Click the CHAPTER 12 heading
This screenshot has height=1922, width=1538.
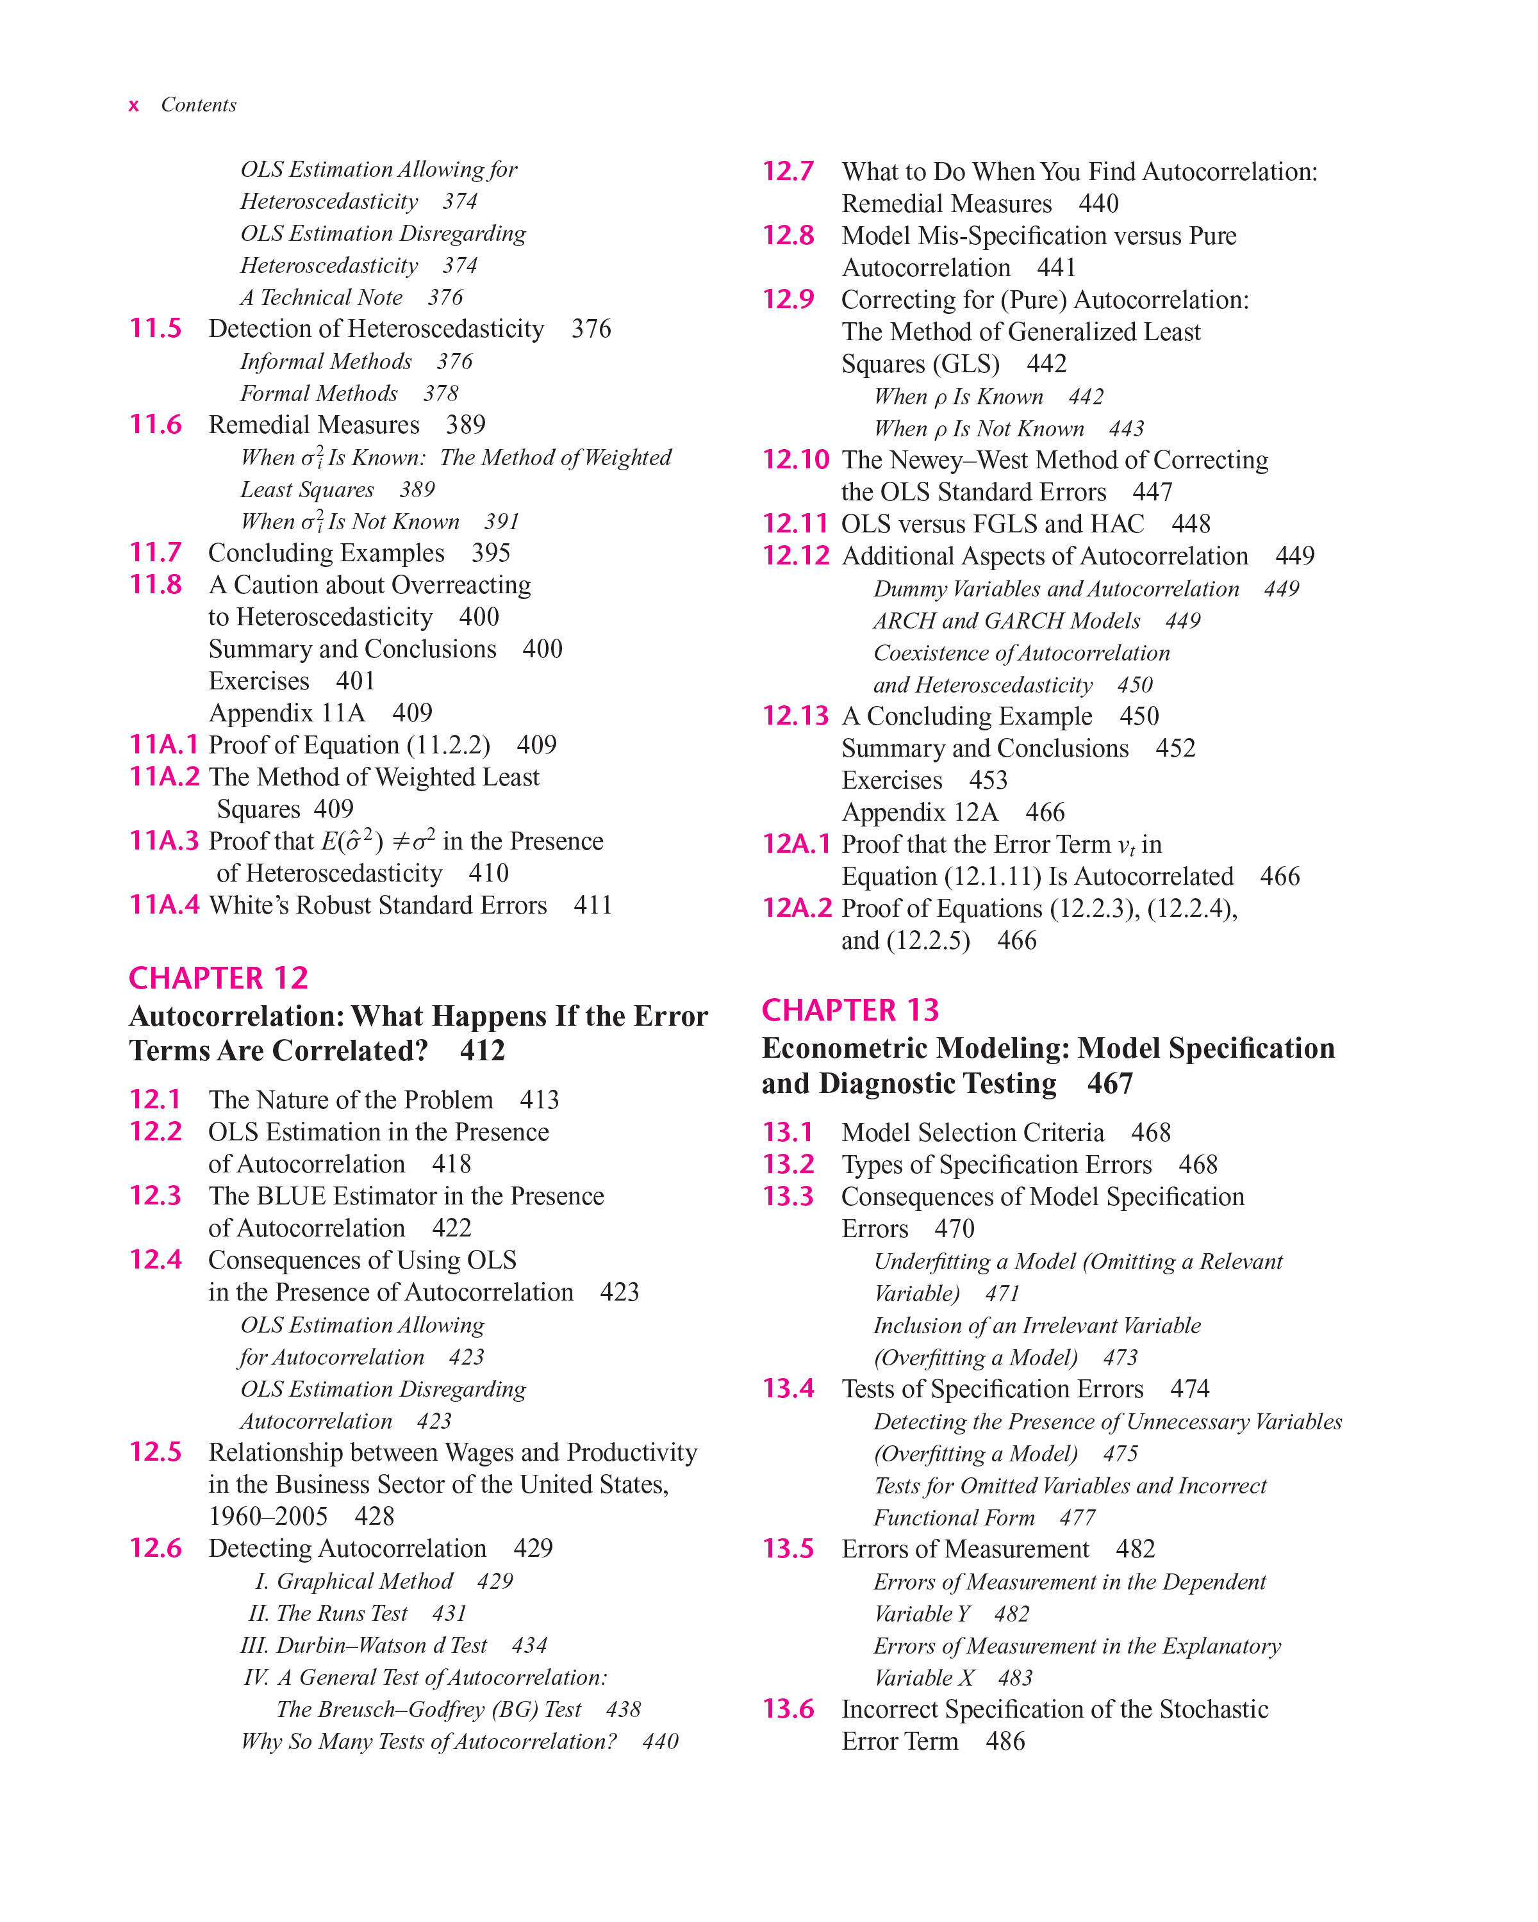click(219, 978)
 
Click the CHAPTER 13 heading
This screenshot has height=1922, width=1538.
click(850, 1010)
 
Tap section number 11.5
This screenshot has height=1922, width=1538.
click(156, 328)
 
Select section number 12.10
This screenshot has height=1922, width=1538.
click(795, 459)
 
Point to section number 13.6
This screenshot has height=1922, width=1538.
click(788, 1709)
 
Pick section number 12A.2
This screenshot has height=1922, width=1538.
click(796, 908)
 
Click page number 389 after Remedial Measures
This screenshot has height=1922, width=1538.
click(465, 424)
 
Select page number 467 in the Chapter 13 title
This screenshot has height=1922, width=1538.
click(1110, 1083)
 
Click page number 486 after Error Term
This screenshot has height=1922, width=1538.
click(1005, 1741)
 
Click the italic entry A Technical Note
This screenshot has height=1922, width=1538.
click(321, 297)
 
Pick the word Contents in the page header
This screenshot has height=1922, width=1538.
click(199, 105)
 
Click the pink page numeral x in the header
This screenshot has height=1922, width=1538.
click(134, 106)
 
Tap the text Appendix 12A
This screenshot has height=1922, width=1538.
click(919, 812)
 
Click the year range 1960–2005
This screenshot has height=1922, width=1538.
click(267, 1516)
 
